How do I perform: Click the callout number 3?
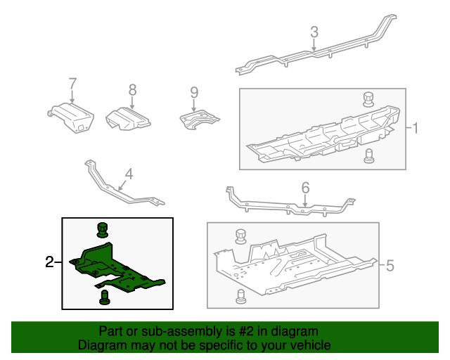(314, 32)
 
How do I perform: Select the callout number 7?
(72, 85)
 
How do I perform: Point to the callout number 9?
(194, 91)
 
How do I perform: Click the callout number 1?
(416, 129)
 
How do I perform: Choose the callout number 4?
(129, 173)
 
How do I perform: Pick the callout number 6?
(305, 188)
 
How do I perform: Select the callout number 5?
(390, 265)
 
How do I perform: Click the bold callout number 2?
(49, 262)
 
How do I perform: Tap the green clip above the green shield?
(103, 229)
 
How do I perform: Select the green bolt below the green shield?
(105, 297)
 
